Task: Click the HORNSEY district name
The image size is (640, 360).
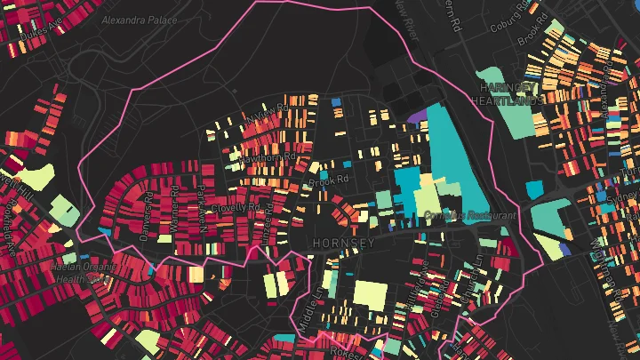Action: click(x=340, y=241)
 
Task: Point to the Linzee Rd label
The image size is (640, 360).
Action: click(x=265, y=213)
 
